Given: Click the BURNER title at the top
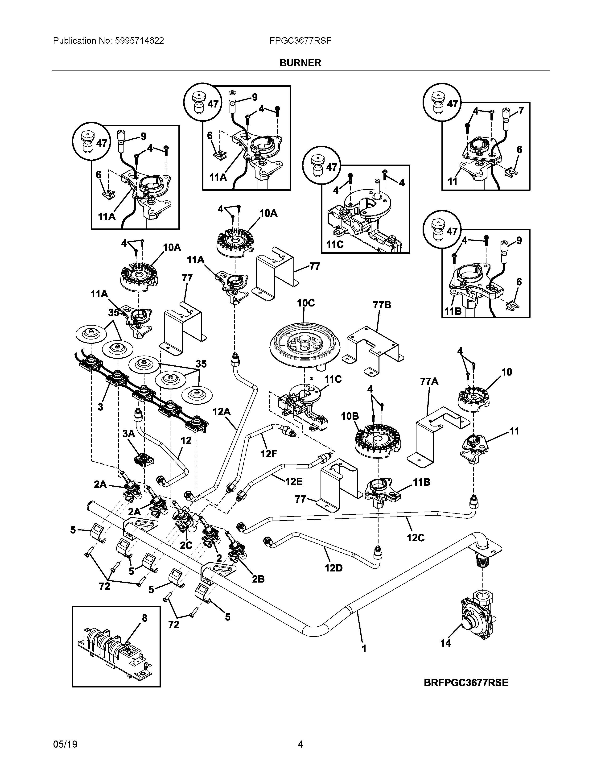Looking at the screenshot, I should click(300, 63).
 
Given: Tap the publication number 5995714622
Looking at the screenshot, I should click(139, 41).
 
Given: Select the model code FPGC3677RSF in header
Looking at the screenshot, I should click(300, 41).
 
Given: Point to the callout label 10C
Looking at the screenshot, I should click(306, 303).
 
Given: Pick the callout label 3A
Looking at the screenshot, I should click(128, 434).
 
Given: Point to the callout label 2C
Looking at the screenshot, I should click(186, 545).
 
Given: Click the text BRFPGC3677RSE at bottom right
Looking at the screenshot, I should click(466, 683).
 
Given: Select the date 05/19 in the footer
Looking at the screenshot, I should click(65, 744).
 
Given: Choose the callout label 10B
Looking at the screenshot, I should click(350, 416).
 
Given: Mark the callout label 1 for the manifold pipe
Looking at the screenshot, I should click(364, 649).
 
